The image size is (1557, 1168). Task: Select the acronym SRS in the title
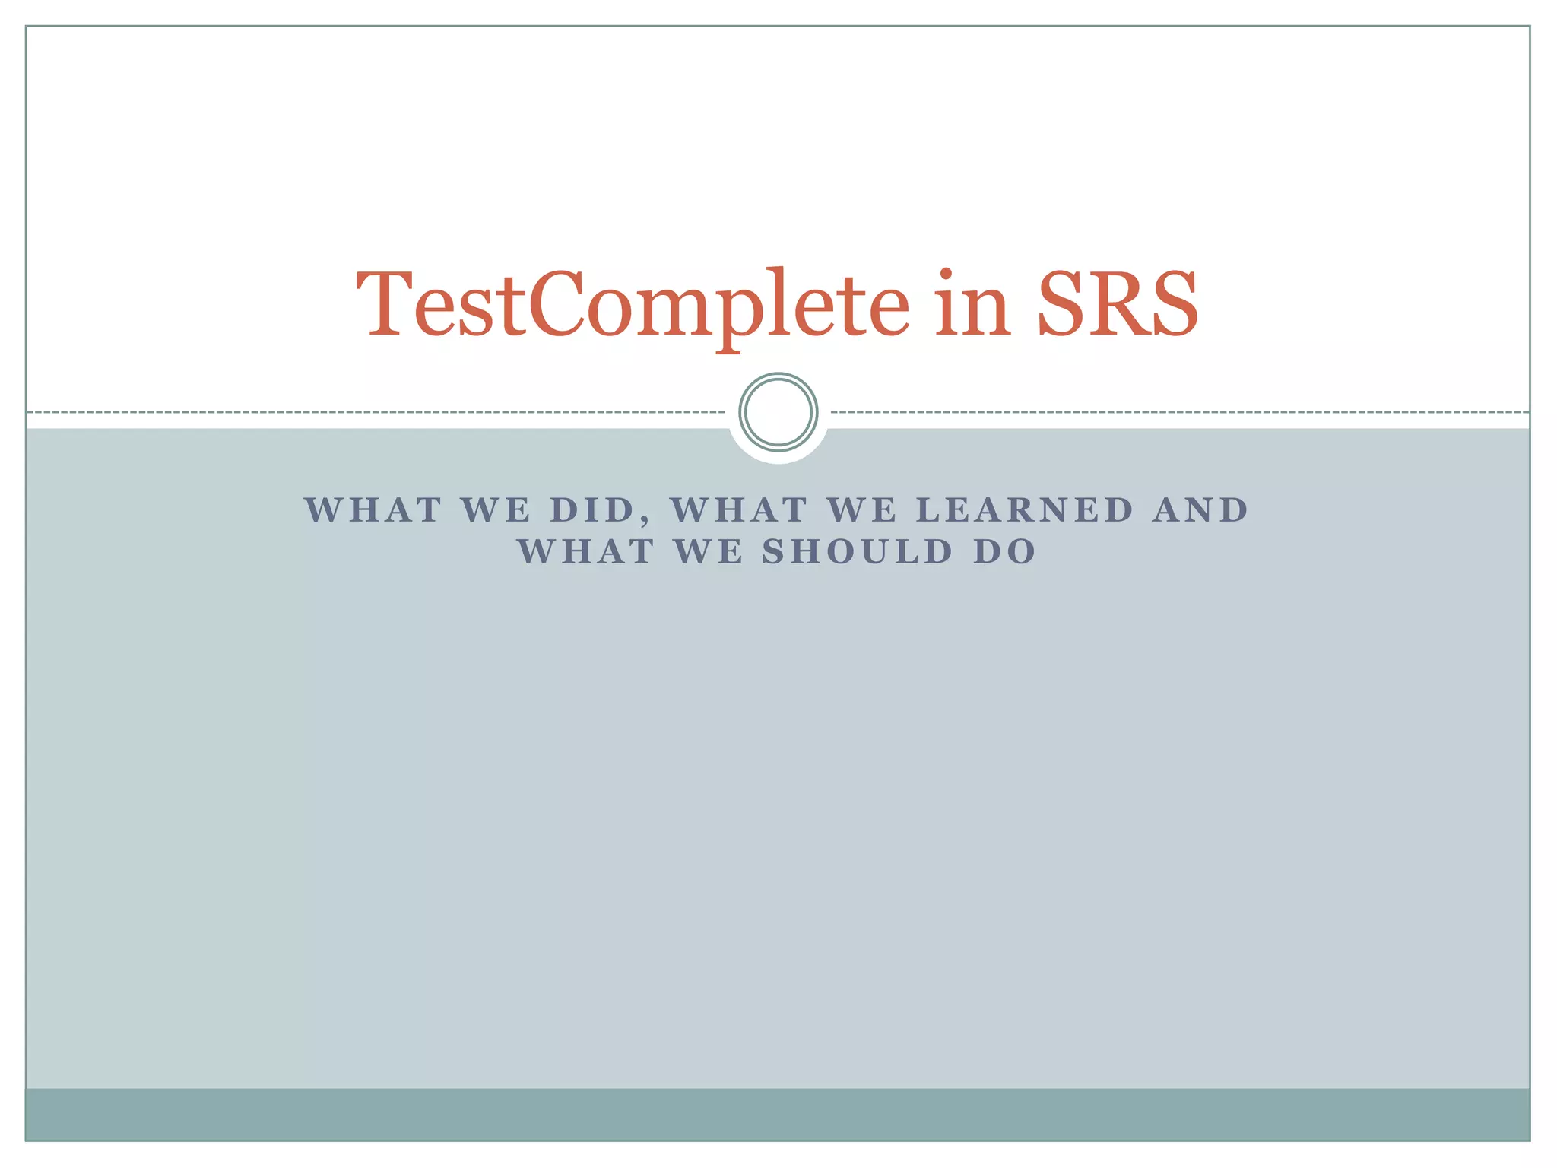coord(1118,304)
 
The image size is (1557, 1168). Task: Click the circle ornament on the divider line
coord(778,412)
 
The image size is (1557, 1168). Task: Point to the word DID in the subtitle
coord(592,510)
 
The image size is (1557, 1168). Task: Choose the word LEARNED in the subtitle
coord(1026,510)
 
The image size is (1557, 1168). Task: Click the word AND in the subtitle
coord(1200,510)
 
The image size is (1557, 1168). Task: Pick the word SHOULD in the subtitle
coord(858,552)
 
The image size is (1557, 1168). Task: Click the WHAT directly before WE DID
coord(373,510)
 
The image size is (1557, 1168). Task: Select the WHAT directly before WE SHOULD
coord(586,552)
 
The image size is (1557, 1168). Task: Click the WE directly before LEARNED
coord(862,510)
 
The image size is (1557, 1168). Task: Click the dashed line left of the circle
coord(380,412)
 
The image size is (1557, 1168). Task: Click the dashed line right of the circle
coord(1178,412)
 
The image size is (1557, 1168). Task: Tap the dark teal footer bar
coord(778,1114)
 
